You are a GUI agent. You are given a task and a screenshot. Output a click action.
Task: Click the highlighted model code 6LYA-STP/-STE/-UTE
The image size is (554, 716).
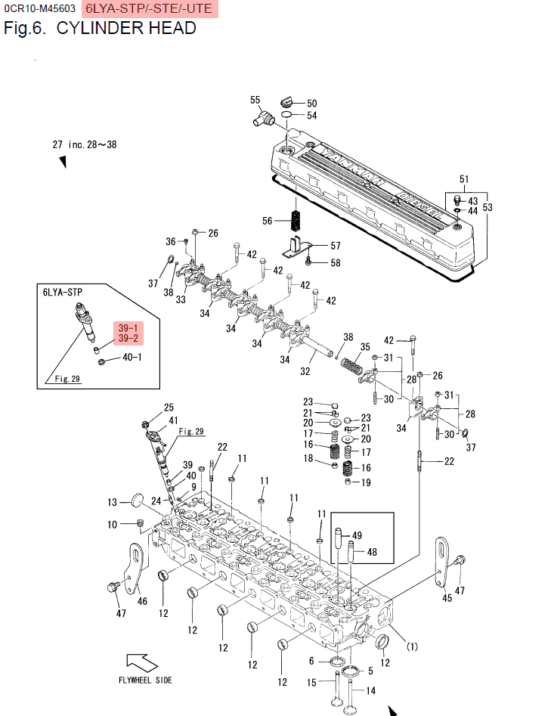click(x=148, y=9)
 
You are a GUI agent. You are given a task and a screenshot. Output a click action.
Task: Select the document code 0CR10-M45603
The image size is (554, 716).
click(x=39, y=9)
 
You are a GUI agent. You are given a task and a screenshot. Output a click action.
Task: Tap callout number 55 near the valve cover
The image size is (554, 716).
click(x=255, y=100)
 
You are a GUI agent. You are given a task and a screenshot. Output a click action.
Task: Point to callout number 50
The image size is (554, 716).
click(x=311, y=104)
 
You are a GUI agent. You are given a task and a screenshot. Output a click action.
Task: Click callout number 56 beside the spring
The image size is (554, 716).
click(x=267, y=221)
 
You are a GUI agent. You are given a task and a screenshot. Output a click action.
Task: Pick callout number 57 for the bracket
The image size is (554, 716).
click(x=335, y=246)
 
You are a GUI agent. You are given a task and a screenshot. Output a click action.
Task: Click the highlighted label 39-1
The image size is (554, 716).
click(x=128, y=328)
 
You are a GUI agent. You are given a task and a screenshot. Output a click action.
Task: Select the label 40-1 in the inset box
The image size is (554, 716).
click(x=132, y=357)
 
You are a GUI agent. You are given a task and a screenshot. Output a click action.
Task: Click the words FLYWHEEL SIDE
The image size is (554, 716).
click(x=145, y=680)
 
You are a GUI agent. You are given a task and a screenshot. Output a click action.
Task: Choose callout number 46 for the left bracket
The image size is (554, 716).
click(x=142, y=601)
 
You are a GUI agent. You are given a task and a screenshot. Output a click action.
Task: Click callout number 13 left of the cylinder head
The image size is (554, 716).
click(x=112, y=502)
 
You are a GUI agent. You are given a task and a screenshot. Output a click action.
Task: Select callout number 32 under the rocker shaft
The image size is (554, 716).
click(x=305, y=371)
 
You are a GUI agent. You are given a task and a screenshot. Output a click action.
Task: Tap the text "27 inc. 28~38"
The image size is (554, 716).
click(x=85, y=144)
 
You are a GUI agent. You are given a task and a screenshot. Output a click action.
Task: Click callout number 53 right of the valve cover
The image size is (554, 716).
click(x=487, y=206)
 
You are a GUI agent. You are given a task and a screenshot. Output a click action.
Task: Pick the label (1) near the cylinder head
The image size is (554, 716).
click(x=413, y=646)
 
